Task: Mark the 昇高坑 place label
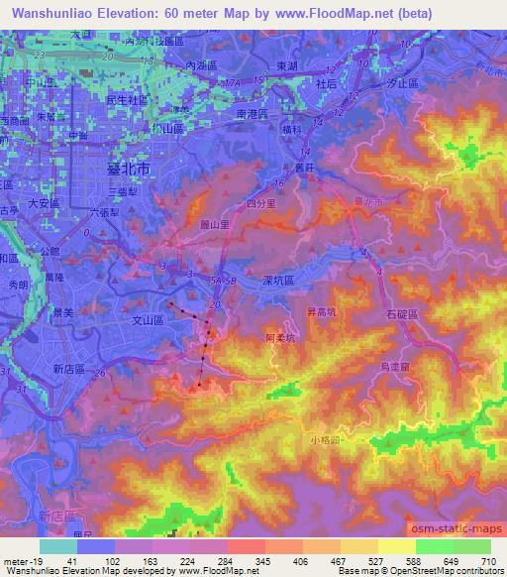pos(324,311)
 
